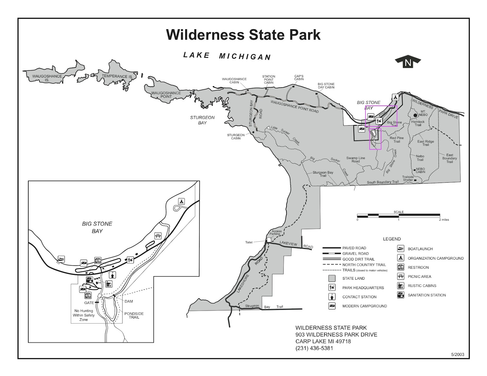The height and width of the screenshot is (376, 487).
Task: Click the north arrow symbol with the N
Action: [x=408, y=63]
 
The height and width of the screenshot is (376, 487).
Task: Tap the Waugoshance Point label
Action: [x=166, y=95]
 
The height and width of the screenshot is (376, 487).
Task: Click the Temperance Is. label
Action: [x=117, y=76]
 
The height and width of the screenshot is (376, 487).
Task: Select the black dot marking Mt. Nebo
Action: [x=415, y=116]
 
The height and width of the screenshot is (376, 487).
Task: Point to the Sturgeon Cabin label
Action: [x=236, y=136]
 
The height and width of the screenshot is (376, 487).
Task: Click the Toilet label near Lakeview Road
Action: [x=249, y=243]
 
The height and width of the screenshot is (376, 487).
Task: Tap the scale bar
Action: [x=398, y=216]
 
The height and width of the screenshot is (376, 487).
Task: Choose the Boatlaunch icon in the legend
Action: [x=401, y=249]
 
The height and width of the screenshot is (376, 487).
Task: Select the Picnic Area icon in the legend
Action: [x=401, y=277]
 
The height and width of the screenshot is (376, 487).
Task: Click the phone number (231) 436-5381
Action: [x=314, y=348]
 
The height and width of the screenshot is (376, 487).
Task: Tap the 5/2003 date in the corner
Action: [x=457, y=354]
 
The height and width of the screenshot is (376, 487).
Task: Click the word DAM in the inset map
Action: [x=128, y=302]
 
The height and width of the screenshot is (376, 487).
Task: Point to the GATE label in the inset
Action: [x=89, y=303]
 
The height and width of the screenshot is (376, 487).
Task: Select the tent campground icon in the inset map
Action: [x=181, y=202]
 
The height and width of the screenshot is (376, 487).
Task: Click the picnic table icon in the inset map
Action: [x=158, y=236]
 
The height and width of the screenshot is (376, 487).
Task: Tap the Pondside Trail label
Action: [x=134, y=316]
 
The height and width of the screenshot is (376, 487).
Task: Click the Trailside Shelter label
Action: [x=408, y=178]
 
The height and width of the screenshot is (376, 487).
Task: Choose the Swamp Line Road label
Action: [x=356, y=160]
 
